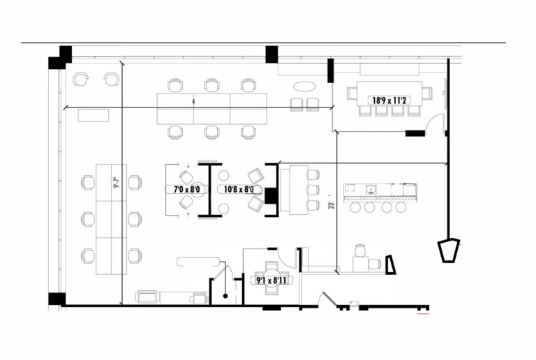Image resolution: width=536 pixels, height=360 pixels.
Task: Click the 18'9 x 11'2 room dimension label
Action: (x=389, y=100)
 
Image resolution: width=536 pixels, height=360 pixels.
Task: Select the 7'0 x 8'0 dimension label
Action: (x=187, y=189)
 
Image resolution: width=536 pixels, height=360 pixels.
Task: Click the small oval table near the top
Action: (x=304, y=87)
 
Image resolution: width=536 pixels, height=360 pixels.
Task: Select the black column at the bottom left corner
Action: (x=57, y=299)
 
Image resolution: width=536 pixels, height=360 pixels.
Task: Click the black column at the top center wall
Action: (x=271, y=54)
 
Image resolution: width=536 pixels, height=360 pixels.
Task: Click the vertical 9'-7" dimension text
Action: (x=117, y=183)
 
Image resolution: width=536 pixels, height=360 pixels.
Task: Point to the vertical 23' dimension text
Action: (x=332, y=205)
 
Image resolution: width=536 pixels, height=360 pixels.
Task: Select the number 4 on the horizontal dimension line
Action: (x=193, y=103)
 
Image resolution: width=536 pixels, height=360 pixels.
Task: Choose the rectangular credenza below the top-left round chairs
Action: (x=94, y=115)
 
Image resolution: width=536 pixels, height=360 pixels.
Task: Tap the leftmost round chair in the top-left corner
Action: (x=81, y=79)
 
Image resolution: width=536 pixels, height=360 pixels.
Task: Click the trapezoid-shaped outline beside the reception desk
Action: (x=390, y=264)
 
